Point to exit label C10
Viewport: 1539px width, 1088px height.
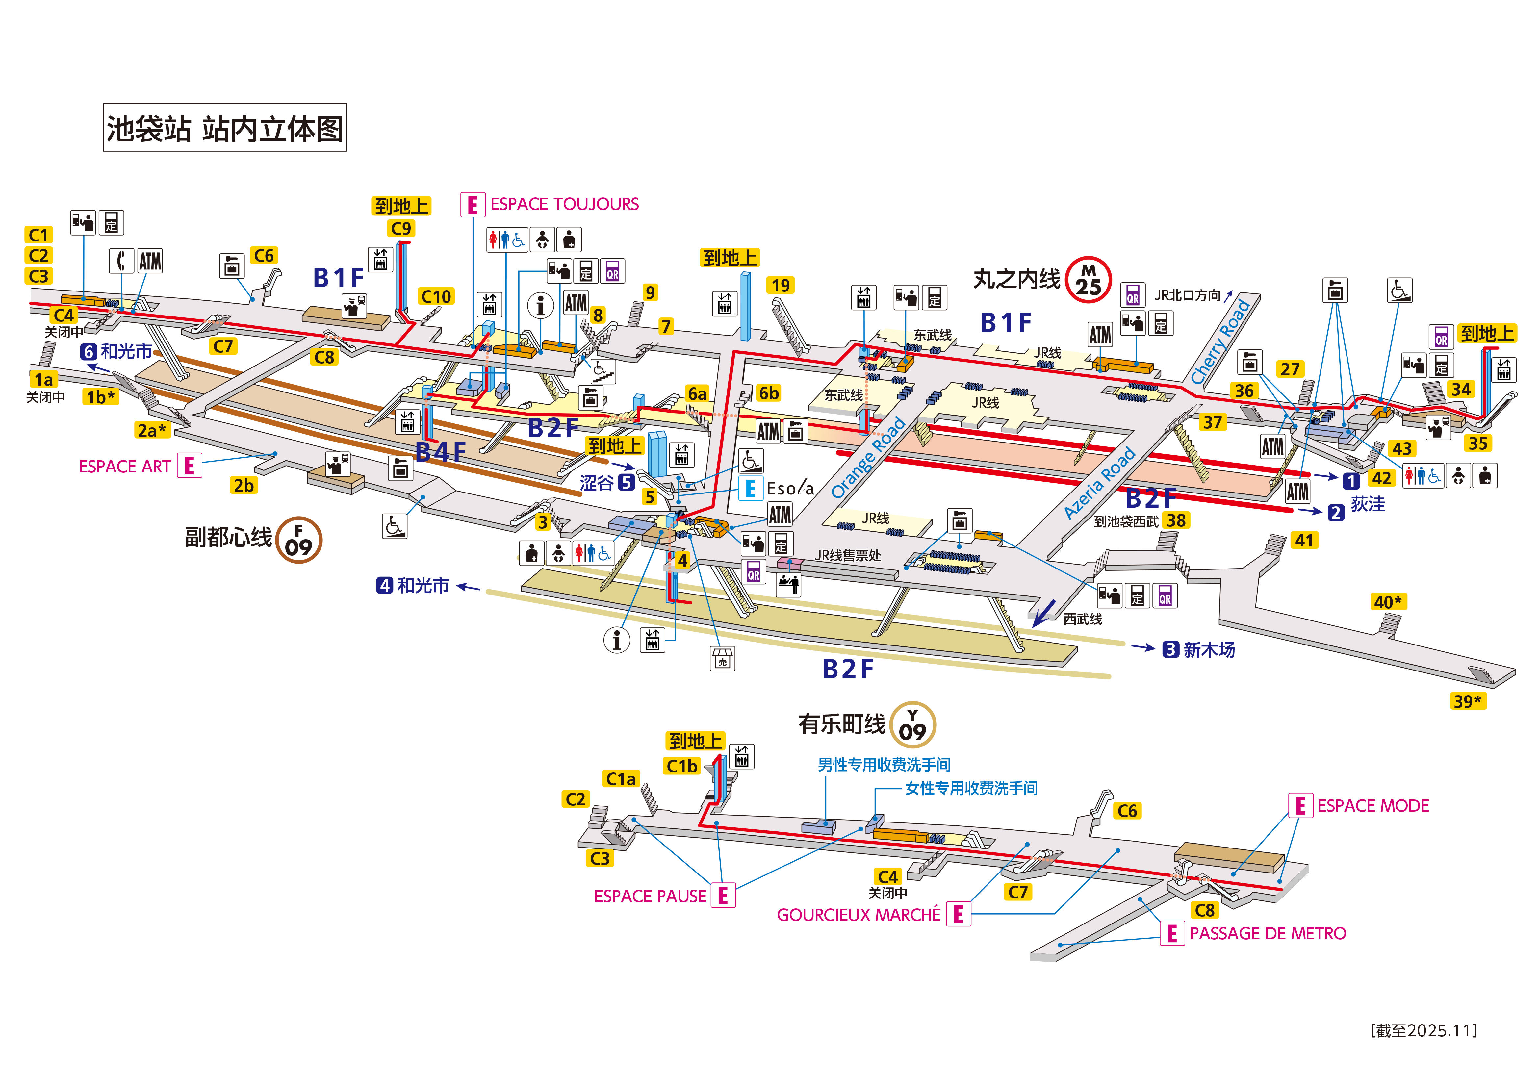tap(436, 296)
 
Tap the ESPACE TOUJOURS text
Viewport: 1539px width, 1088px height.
tap(564, 204)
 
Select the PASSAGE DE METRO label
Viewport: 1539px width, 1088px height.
tap(1268, 933)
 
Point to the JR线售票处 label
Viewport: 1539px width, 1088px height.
tap(848, 555)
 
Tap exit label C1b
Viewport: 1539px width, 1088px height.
tap(682, 766)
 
